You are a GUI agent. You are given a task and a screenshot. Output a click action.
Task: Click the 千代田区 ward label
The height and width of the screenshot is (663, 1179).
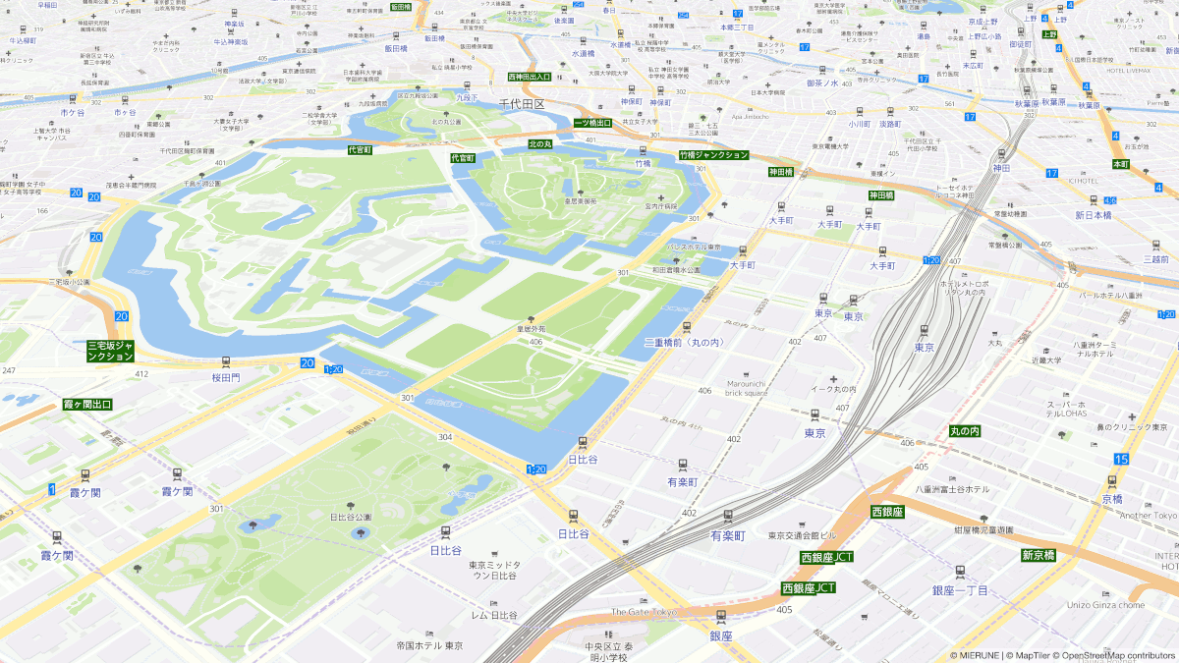[521, 103]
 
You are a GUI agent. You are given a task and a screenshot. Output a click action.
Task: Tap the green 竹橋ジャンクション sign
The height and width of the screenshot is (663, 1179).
[714, 155]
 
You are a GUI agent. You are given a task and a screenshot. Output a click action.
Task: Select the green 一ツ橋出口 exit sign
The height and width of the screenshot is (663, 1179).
[592, 123]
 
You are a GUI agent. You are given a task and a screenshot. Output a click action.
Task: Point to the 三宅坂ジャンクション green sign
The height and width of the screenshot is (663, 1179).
[111, 351]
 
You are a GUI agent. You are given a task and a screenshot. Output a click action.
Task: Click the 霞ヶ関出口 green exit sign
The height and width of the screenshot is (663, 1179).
[87, 404]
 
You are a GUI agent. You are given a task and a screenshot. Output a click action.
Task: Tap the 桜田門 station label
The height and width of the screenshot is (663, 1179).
[226, 376]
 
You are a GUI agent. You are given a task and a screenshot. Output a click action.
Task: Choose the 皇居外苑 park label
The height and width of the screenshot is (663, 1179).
[531, 330]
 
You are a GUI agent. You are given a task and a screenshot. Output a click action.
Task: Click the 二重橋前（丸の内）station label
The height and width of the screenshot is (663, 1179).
[683, 342]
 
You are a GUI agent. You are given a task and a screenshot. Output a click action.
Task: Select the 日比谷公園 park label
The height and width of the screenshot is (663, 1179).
[351, 517]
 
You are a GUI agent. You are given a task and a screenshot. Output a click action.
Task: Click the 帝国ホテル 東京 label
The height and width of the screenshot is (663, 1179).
[429, 645]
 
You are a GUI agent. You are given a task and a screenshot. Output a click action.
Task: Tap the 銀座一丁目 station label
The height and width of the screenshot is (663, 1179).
[960, 589]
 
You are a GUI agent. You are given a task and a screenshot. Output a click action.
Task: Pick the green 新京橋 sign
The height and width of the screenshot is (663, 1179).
[1038, 555]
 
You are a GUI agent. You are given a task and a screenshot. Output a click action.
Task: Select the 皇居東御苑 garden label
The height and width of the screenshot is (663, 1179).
[580, 201]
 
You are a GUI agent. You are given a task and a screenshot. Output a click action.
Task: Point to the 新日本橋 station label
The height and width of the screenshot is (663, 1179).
[1093, 214]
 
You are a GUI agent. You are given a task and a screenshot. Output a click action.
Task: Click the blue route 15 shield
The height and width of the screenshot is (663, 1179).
[1121, 459]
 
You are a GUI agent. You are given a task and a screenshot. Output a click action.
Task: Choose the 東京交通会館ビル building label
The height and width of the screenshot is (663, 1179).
[802, 535]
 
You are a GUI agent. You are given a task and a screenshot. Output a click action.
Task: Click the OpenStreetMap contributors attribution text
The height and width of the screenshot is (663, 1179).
[1116, 655]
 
